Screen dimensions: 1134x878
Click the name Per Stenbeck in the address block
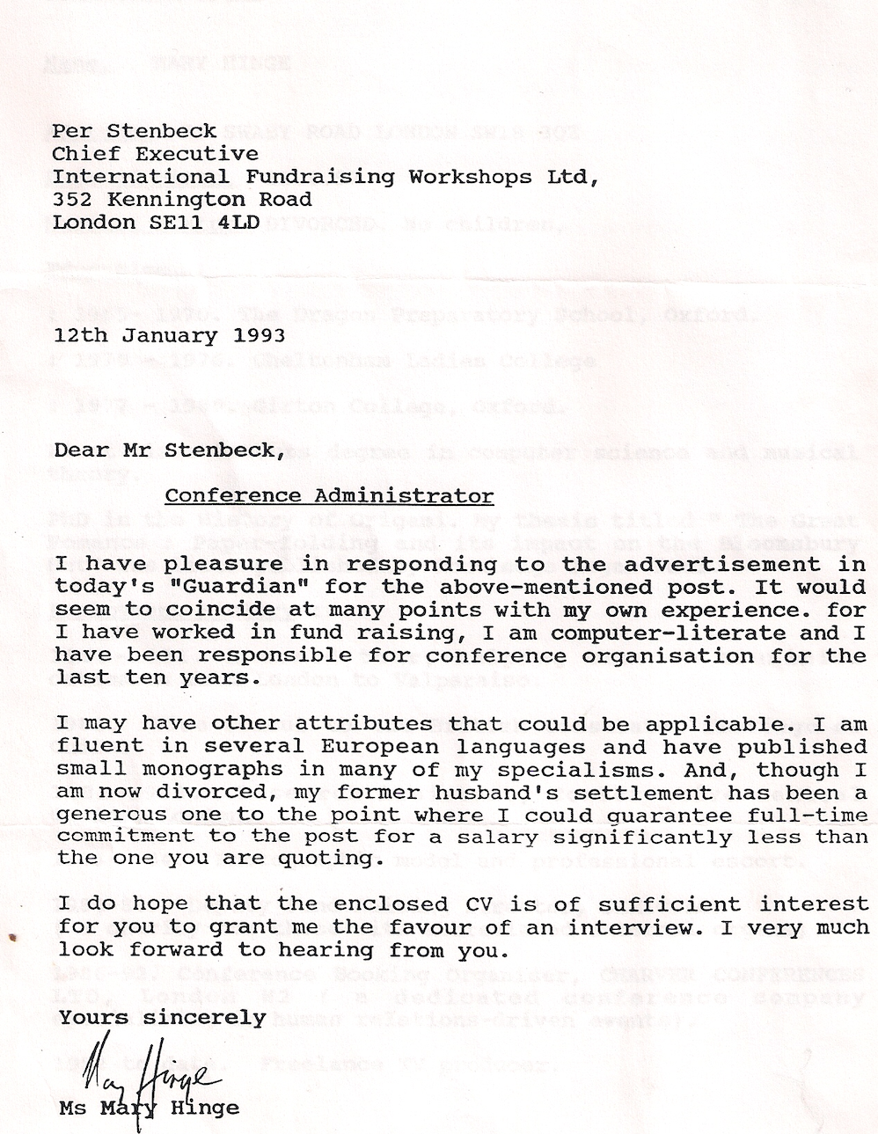tap(135, 131)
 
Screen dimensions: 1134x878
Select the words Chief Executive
tap(155, 154)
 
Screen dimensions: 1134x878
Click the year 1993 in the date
tap(259, 335)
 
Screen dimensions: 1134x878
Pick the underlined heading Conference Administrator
tap(329, 495)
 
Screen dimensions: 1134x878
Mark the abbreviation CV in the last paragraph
tap(482, 904)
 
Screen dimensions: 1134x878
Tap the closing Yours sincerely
tap(162, 1018)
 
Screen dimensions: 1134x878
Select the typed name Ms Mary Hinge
tap(149, 1108)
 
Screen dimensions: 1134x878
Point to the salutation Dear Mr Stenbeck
tap(169, 450)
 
